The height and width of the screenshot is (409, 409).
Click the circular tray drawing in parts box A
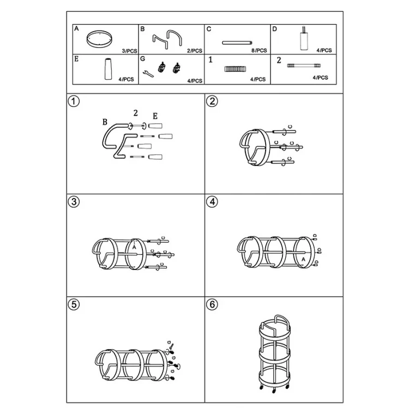[x=99, y=39]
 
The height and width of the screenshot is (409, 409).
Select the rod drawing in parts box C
[x=237, y=43]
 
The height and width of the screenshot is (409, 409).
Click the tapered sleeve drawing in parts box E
[x=108, y=69]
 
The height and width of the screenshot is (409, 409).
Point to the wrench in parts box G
[x=148, y=74]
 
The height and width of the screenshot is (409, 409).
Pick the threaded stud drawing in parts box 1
[x=235, y=69]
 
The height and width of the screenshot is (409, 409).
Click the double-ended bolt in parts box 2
[x=304, y=65]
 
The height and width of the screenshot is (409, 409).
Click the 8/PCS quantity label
[x=259, y=50]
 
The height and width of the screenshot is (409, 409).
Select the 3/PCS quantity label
[x=129, y=51]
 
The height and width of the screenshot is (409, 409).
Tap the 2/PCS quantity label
[x=195, y=51]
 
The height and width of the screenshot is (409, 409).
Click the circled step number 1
[x=74, y=101]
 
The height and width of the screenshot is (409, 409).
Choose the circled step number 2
[x=212, y=101]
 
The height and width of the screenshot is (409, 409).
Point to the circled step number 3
[x=74, y=202]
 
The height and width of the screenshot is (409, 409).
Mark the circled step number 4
[x=212, y=202]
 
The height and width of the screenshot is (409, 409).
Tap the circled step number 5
[x=74, y=304]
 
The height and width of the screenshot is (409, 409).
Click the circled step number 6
[x=212, y=304]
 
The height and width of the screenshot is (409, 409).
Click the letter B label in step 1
[x=105, y=122]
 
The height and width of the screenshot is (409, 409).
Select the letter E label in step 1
[x=155, y=116]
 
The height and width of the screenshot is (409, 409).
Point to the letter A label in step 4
[x=303, y=259]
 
